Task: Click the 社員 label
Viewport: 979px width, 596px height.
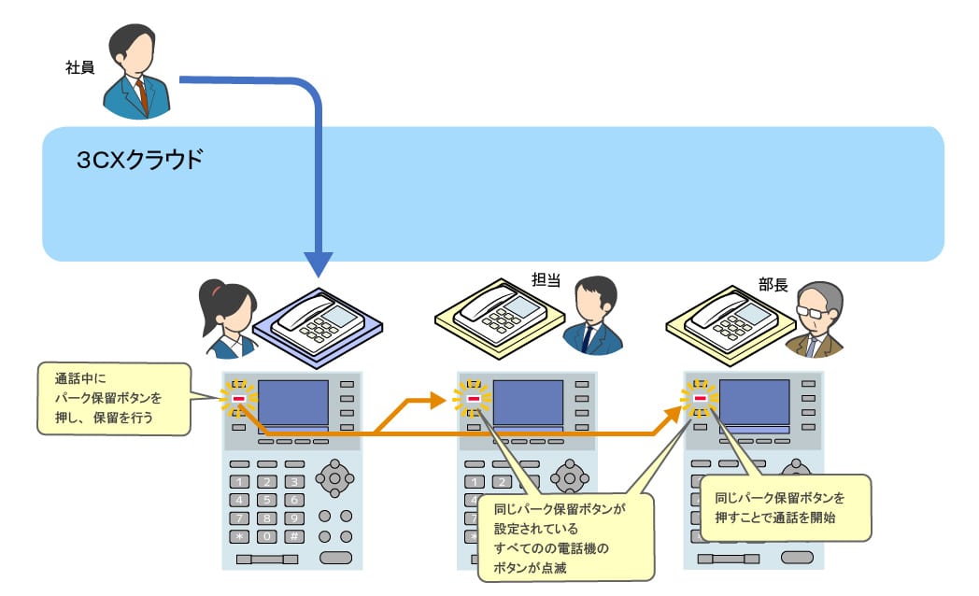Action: point(80,68)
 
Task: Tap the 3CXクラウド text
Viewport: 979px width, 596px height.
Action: point(139,160)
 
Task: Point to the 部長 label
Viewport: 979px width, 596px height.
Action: point(773,285)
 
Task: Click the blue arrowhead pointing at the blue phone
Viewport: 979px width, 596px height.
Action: point(319,263)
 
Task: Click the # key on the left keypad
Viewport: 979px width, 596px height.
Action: point(293,536)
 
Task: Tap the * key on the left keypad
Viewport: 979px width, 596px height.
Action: point(240,536)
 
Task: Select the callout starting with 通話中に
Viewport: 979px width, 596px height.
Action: point(112,400)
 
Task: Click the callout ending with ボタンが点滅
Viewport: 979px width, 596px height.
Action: point(564,536)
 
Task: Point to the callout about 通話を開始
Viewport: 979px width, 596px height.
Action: point(785,506)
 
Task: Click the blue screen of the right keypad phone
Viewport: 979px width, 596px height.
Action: point(756,402)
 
